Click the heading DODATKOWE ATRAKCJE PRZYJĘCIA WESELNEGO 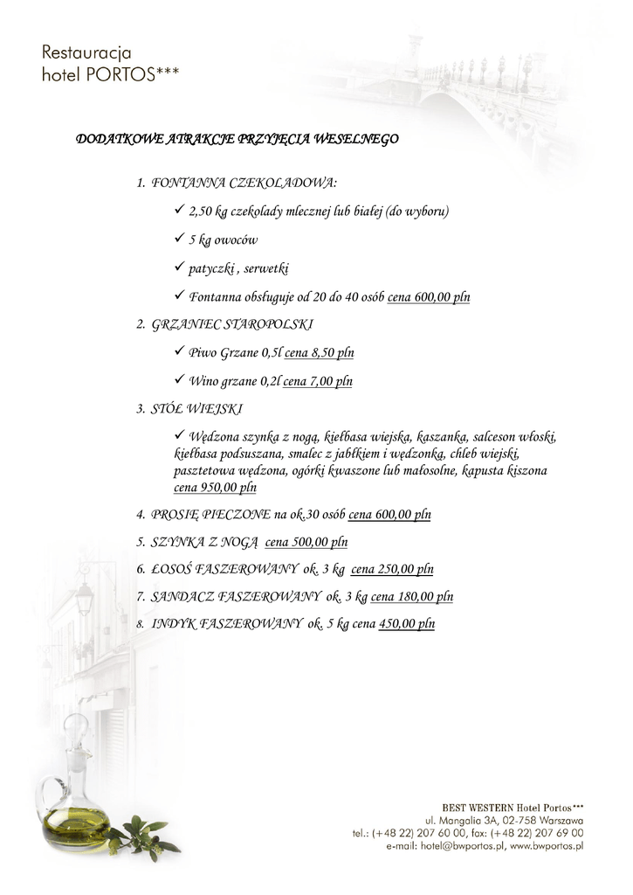(237, 139)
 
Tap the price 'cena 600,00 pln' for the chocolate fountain (428, 297)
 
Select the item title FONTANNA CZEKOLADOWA (244, 184)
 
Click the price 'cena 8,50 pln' (319, 353)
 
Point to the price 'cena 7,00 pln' (318, 381)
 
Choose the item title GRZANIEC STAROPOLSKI (232, 325)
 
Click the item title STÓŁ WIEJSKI (197, 409)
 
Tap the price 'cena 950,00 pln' (215, 488)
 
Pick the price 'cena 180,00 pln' (411, 597)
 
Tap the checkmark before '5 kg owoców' (178, 239)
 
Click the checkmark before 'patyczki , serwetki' (178, 267)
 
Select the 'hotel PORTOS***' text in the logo (110, 75)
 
